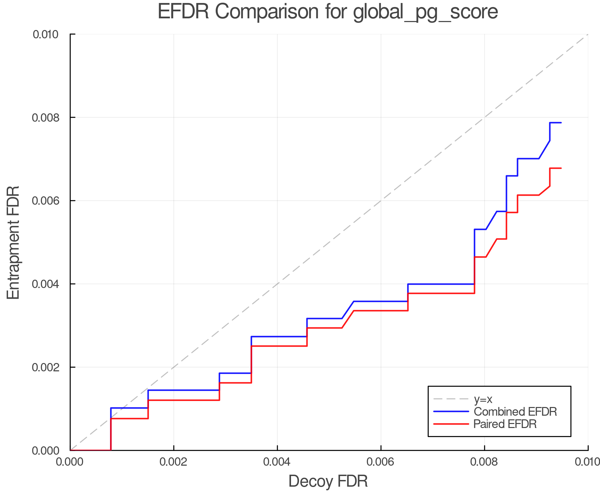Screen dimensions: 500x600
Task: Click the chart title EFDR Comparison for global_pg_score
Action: (328, 12)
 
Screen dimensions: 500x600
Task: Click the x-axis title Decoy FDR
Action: (328, 481)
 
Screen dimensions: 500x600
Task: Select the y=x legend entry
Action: (483, 399)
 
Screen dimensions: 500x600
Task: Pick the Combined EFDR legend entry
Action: (515, 412)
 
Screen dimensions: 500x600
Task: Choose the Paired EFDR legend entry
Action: (505, 424)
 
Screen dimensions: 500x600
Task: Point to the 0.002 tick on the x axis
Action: (174, 462)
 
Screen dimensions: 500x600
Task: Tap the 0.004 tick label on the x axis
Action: (277, 462)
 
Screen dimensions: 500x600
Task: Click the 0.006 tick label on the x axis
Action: (381, 462)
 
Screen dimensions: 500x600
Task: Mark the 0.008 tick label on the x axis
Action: (484, 462)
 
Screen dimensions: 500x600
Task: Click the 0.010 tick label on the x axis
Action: (587, 462)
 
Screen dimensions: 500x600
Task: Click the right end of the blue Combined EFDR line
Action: (561, 123)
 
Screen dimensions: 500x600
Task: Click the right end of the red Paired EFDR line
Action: (561, 168)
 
